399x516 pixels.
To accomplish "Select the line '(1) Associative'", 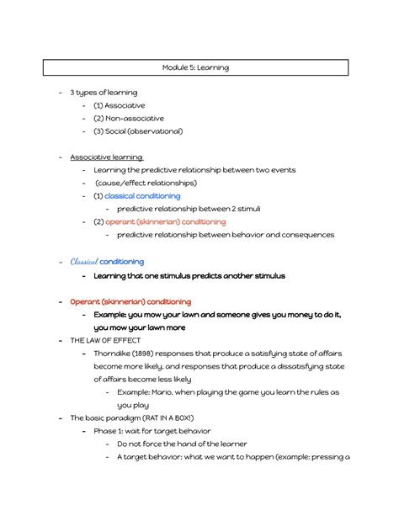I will [120, 105].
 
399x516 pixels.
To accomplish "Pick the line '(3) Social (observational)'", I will [138, 131].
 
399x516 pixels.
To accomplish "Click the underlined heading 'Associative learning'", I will [106, 157].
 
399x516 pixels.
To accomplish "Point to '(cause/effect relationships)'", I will [146, 183].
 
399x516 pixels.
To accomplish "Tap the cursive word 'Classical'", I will [84, 262].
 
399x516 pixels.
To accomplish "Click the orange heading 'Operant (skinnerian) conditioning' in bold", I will [130, 301].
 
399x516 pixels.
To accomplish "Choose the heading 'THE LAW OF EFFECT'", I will [99, 340].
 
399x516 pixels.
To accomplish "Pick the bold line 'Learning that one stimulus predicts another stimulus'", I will [189, 275].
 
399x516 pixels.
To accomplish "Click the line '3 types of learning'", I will [104, 93].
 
